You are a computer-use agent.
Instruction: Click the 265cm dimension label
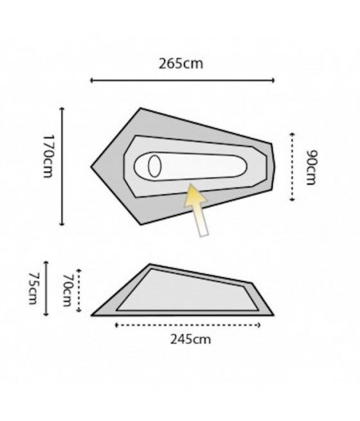coord(181,64)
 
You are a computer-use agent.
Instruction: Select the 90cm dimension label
coord(312,167)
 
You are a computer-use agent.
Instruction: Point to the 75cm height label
coord(33,289)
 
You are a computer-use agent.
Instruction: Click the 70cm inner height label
coord(67,290)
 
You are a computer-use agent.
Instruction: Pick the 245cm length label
coord(190,339)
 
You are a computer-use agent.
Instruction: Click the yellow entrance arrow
coord(197,210)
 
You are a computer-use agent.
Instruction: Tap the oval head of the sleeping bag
coord(154,166)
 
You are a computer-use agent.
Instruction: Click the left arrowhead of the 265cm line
coord(92,80)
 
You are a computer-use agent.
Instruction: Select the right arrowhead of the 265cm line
coord(273,80)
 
